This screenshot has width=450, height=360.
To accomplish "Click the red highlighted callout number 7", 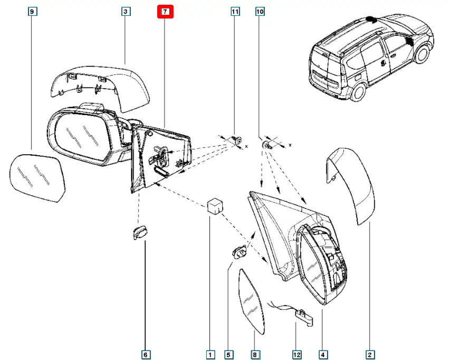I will pos(165,11).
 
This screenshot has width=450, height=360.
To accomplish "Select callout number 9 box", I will pos(32,11).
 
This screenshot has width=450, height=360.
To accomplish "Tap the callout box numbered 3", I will pos(126,11).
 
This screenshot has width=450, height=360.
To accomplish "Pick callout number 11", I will pos(235,11).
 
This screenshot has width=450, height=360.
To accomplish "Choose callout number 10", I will pos(260,11).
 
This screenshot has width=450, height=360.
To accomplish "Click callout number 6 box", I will pos(146,354).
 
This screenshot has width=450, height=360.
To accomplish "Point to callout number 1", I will pos(210,354).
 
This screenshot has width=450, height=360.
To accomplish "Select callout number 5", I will pos(228,354).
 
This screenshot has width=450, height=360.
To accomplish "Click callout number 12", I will pos(297,354).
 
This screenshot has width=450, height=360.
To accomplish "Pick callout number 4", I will pos(322,354).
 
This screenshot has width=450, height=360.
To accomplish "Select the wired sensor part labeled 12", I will pos(303,316).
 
